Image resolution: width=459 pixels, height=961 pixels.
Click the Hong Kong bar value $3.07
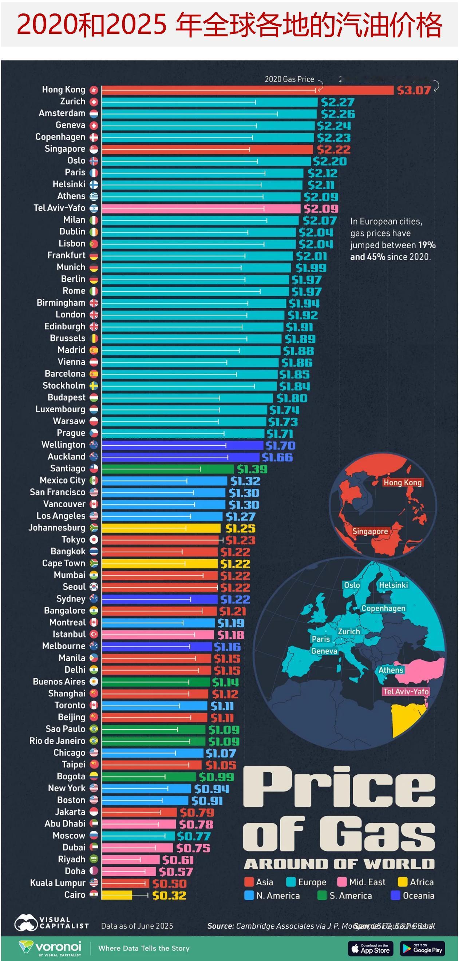coord(414,90)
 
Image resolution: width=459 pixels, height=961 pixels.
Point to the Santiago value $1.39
coord(252,469)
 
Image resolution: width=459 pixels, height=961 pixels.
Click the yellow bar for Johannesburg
coord(161,528)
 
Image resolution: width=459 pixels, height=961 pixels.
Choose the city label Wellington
coord(63,445)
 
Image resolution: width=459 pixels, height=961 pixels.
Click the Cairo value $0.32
coord(169,896)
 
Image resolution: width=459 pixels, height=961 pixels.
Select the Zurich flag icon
coord(94,102)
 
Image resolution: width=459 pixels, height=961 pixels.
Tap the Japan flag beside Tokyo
coord(94,540)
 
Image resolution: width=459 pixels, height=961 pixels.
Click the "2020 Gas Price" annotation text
coord(289,79)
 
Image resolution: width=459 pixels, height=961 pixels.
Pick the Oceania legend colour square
coord(395,896)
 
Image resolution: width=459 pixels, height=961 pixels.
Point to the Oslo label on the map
coord(352,585)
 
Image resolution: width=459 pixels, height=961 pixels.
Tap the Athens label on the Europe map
coord(391,670)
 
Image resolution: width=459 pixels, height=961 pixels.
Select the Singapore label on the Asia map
coord(370,531)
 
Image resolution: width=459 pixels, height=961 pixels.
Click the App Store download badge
coord(370,948)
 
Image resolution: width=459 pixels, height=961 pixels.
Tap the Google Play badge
coord(422,948)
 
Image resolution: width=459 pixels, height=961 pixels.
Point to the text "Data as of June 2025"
coord(137,926)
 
